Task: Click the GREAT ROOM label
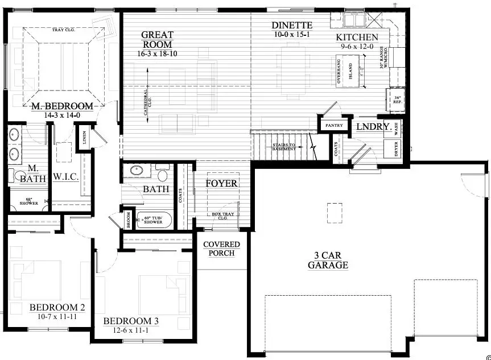[158, 40]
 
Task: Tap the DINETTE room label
[292, 25]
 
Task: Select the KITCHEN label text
[356, 38]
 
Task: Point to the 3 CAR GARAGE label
[328, 260]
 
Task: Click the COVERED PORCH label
[222, 249]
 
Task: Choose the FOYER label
[221, 184]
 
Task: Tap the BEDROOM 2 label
[57, 308]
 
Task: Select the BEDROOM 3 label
[130, 321]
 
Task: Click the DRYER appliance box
[395, 148]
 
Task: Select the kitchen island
[356, 71]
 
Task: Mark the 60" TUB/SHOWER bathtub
[154, 219]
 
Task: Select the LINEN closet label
[84, 139]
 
